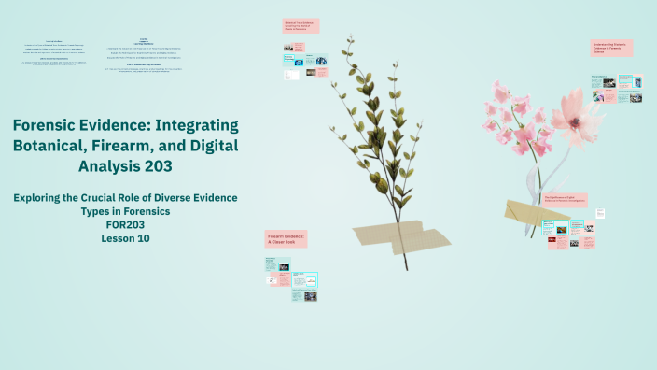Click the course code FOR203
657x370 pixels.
(x=125, y=224)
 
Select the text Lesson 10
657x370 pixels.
(x=125, y=238)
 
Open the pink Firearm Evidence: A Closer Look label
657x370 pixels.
(x=287, y=238)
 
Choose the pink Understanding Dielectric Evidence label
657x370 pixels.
(x=611, y=48)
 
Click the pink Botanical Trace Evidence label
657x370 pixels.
(x=301, y=26)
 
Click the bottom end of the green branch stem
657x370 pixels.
(x=407, y=270)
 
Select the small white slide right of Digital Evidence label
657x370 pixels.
(x=601, y=213)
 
